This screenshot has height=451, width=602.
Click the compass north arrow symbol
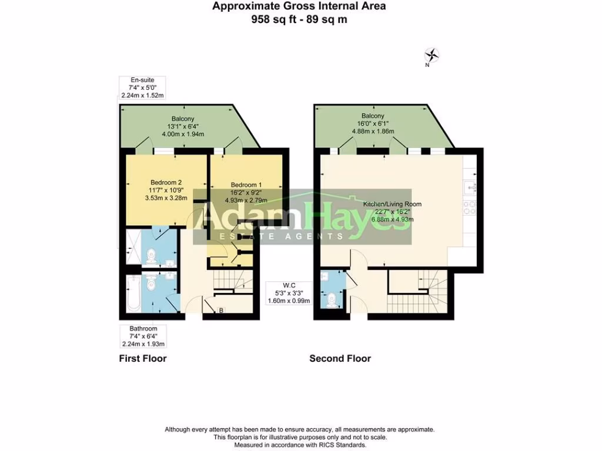click(432, 55)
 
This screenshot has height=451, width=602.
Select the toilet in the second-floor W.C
click(333, 300)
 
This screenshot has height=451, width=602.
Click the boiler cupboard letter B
click(220, 310)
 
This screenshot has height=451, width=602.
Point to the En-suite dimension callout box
click(142, 87)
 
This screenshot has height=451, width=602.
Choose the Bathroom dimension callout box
click(143, 336)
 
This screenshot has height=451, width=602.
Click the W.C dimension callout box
click(287, 292)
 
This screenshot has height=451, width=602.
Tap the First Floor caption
click(143, 358)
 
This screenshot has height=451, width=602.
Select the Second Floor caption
click(340, 358)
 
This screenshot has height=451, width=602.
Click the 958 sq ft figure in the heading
click(271, 19)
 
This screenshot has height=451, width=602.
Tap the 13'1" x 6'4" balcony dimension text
click(183, 126)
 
